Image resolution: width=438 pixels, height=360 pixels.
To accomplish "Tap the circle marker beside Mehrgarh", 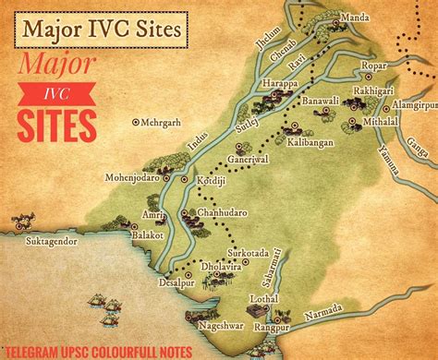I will (x=136, y=121).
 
